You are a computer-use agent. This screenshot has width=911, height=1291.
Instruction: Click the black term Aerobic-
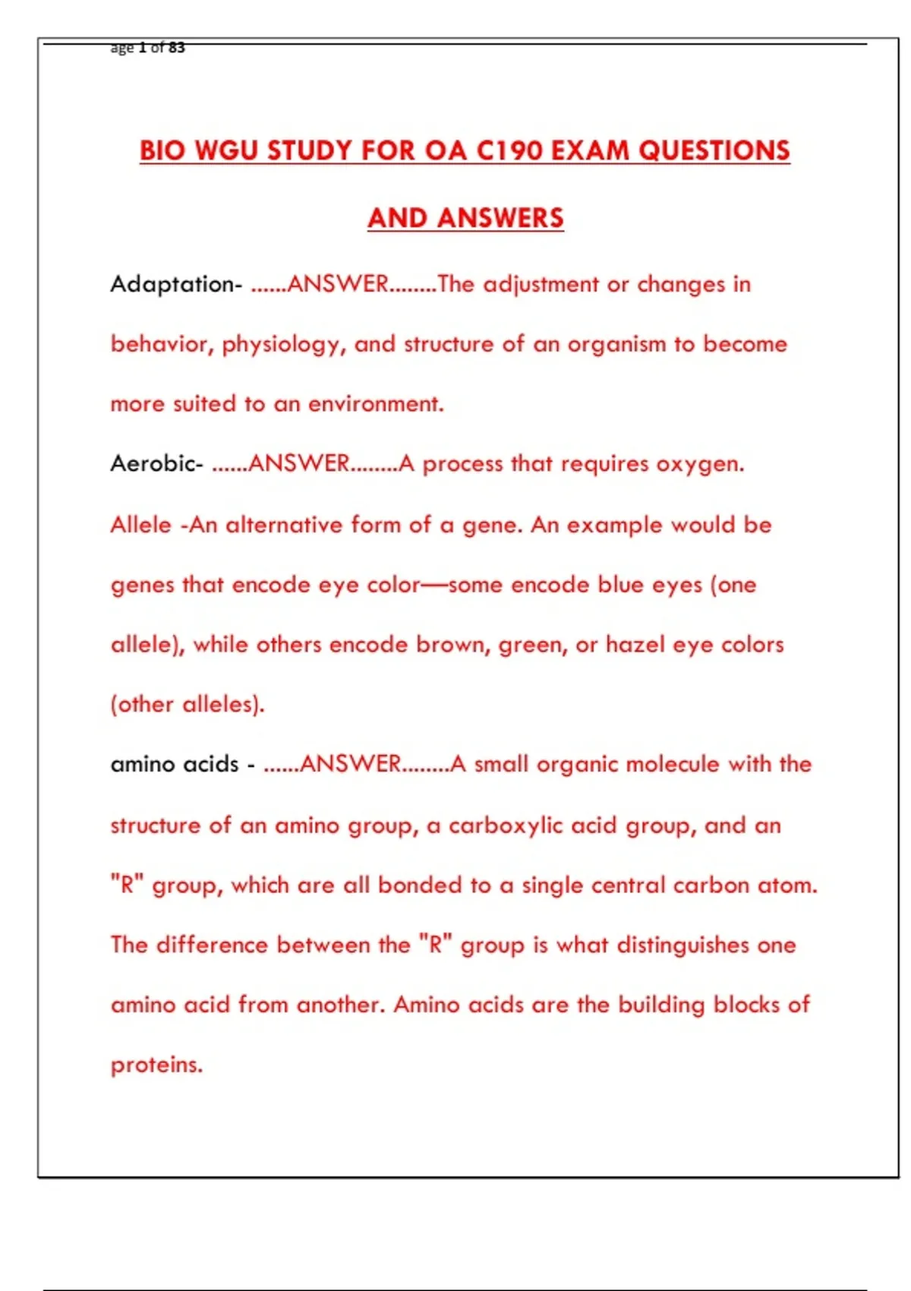(x=156, y=463)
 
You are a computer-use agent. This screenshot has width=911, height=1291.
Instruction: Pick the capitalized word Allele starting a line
(x=140, y=525)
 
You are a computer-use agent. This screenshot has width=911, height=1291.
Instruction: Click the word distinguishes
(x=682, y=945)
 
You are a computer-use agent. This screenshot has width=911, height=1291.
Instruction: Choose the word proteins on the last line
(x=156, y=1065)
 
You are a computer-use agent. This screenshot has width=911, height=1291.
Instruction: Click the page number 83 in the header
(x=176, y=48)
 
